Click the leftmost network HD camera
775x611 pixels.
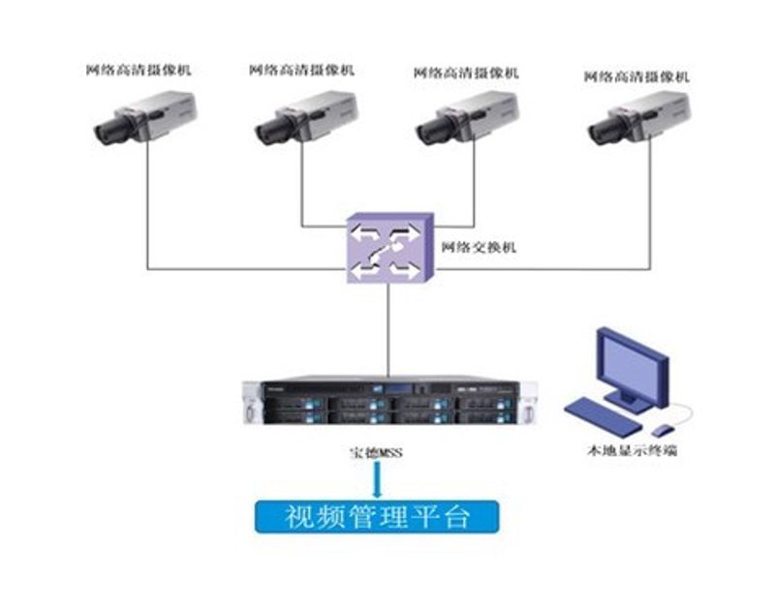click(x=146, y=117)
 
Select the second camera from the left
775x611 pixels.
click(x=306, y=117)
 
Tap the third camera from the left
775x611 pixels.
click(x=468, y=117)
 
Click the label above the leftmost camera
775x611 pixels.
click(x=139, y=70)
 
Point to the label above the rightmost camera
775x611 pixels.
click(x=636, y=76)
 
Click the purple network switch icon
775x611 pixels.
click(x=390, y=248)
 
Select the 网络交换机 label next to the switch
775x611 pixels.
click(x=479, y=247)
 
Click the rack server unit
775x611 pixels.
click(x=390, y=403)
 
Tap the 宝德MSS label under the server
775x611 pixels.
click(x=376, y=452)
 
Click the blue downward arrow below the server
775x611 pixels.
click(x=377, y=478)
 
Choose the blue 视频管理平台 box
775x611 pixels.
click(x=377, y=517)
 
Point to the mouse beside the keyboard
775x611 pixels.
click(x=663, y=430)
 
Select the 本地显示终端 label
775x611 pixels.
click(x=633, y=450)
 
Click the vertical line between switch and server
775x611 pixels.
click(x=388, y=330)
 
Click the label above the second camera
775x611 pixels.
click(x=301, y=70)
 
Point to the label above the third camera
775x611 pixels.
click(x=466, y=73)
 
